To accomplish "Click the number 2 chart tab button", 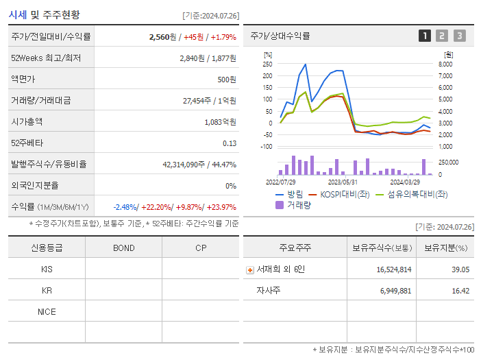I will (442, 36).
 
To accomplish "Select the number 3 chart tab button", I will (459, 36).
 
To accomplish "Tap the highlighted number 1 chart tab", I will (425, 36).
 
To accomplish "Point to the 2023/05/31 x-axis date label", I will (343, 182).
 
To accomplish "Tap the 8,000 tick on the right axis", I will (445, 64).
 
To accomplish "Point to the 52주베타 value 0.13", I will (229, 143).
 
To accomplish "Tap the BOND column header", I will (123, 248).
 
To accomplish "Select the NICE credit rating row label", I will (47, 312).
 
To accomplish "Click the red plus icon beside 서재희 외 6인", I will (249, 270).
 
